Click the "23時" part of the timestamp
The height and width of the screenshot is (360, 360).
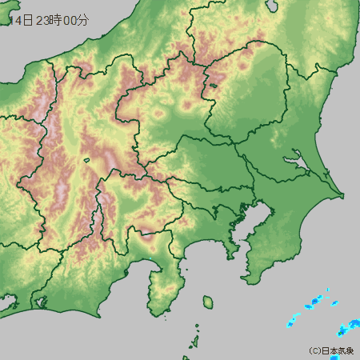click(52, 22)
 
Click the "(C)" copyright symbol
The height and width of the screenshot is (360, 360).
click(314, 351)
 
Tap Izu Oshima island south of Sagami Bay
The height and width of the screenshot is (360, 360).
click(207, 302)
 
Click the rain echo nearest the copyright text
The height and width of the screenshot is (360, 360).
click(346, 330)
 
